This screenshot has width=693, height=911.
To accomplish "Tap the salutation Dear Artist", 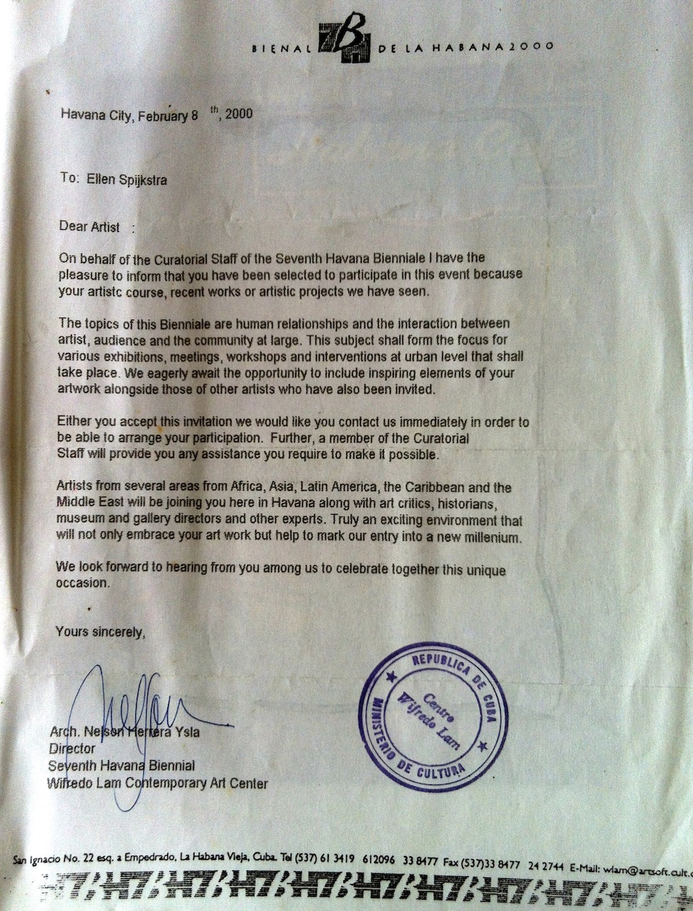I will pos(90,227).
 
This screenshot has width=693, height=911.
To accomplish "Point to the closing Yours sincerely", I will pos(100,631).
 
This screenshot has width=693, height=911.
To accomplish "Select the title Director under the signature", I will pos(71,749).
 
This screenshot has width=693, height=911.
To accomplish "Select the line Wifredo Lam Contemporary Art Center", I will pos(157,784).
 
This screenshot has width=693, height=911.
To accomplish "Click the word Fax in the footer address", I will pos(452,863).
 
